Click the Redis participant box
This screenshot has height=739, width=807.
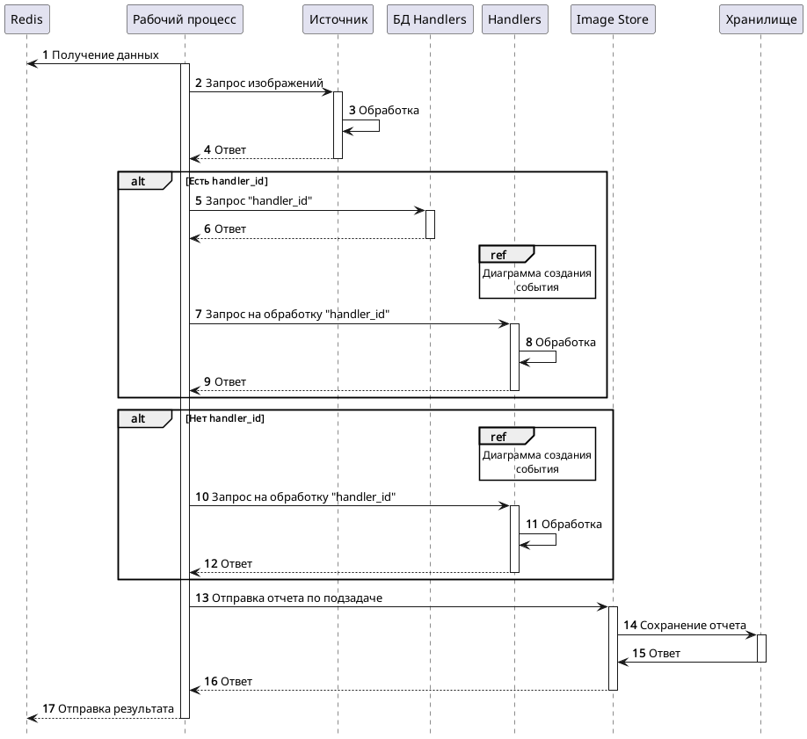(x=26, y=19)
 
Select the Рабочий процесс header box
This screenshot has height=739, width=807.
(x=185, y=19)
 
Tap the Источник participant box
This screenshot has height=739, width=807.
(x=338, y=19)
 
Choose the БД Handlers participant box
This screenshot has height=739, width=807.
(x=430, y=19)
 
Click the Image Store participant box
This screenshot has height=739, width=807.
(x=612, y=19)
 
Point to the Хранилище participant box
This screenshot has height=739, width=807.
(x=760, y=19)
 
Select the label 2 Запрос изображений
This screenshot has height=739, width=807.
(x=258, y=83)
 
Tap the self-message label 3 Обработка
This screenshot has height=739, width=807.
(x=383, y=111)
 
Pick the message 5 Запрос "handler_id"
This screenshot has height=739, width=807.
(x=253, y=201)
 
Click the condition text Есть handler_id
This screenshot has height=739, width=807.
(x=227, y=181)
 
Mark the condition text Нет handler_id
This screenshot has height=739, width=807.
(x=225, y=418)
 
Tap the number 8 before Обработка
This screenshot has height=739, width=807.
(x=529, y=342)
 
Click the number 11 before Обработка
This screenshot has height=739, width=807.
(x=532, y=524)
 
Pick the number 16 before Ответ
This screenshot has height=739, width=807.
(x=210, y=682)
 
